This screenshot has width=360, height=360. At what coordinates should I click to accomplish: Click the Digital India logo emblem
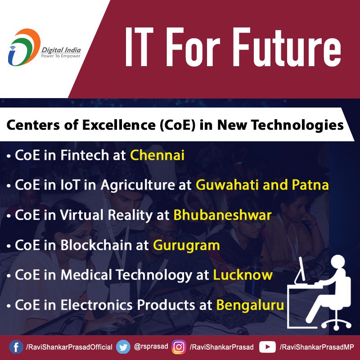[24, 47]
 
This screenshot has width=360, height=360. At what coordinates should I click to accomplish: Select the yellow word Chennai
[157, 155]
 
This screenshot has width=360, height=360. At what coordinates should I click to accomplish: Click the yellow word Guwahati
[227, 185]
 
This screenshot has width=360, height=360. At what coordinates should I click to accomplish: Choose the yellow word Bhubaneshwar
[222, 215]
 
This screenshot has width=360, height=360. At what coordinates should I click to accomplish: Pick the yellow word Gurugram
[186, 245]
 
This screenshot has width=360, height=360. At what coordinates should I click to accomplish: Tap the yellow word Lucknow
[243, 275]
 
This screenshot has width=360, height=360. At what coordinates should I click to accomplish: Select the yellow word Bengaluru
[250, 305]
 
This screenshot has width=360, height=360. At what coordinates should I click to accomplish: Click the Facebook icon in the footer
[16, 347]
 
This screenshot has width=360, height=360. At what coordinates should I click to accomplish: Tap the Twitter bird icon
[123, 347]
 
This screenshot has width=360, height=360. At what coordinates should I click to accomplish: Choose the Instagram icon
[179, 347]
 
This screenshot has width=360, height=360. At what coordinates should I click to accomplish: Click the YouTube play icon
[267, 347]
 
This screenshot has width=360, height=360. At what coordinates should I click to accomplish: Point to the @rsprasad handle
[151, 346]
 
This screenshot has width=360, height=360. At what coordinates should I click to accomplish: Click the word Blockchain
[97, 245]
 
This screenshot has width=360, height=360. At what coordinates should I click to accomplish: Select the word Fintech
[85, 155]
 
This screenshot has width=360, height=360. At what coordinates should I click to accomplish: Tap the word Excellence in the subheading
[119, 126]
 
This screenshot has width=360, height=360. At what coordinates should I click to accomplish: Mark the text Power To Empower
[61, 56]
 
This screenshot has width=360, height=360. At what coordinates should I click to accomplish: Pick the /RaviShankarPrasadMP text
[317, 347]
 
